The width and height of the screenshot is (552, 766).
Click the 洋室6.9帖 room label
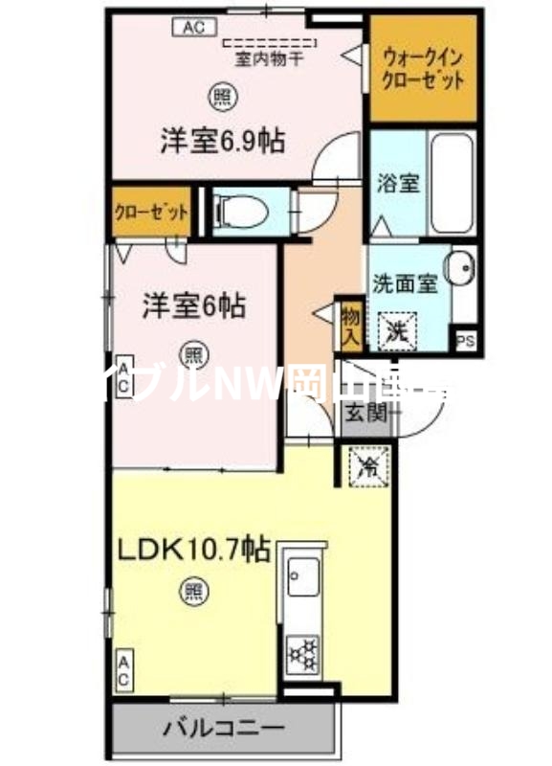221,142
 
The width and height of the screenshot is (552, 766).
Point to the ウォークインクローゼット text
422,68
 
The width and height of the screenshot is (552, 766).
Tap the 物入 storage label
349,325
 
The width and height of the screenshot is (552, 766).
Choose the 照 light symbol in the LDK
193,591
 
